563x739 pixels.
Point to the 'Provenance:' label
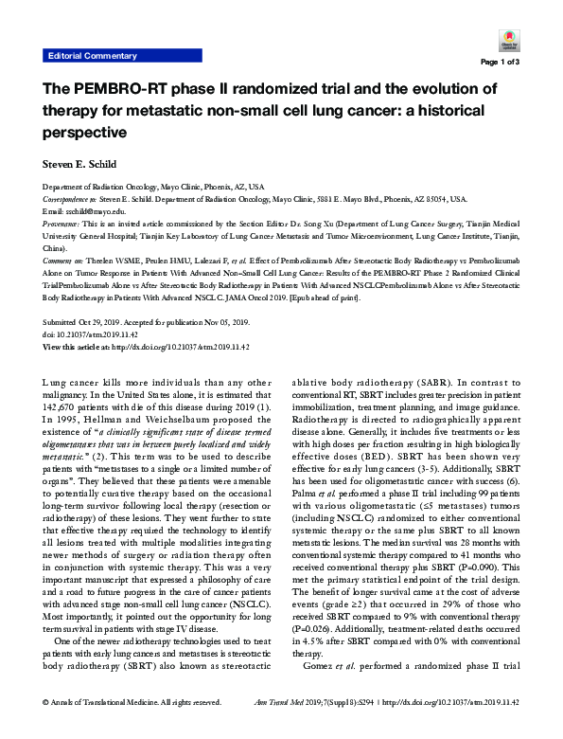(63, 225)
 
